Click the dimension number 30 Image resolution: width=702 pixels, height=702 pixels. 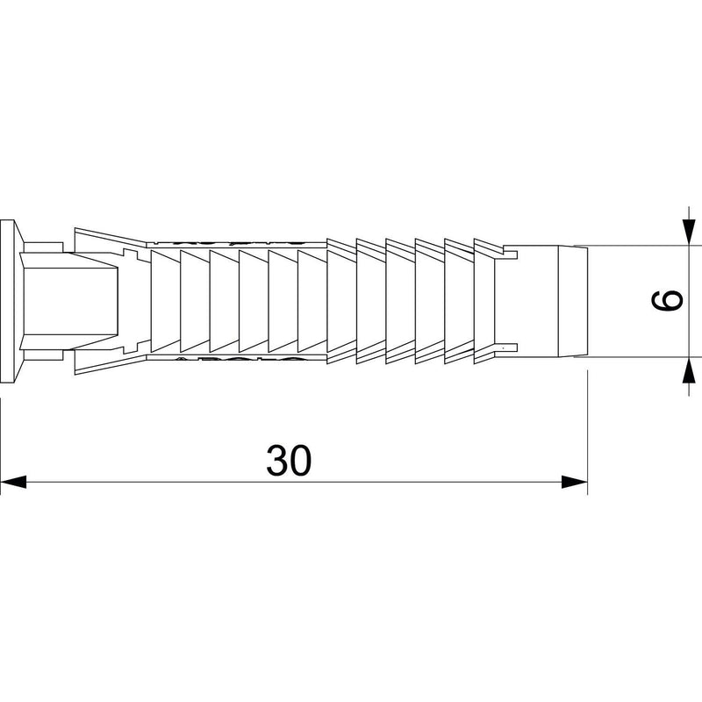pyautogui.click(x=289, y=461)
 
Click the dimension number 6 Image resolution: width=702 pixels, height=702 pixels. pyautogui.click(x=667, y=300)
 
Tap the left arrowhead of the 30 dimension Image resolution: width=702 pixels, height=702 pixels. pyautogui.click(x=13, y=482)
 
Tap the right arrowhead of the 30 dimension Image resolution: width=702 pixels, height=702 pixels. pyautogui.click(x=575, y=482)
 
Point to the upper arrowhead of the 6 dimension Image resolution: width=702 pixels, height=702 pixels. pyautogui.click(x=689, y=232)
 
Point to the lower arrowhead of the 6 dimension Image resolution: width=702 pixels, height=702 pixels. pyautogui.click(x=689, y=369)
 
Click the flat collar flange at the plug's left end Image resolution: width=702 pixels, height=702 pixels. pyautogui.click(x=8, y=301)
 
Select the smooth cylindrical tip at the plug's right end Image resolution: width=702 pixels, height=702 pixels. pyautogui.click(x=545, y=301)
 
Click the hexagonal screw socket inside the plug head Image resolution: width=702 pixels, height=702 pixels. pyautogui.click(x=69, y=301)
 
